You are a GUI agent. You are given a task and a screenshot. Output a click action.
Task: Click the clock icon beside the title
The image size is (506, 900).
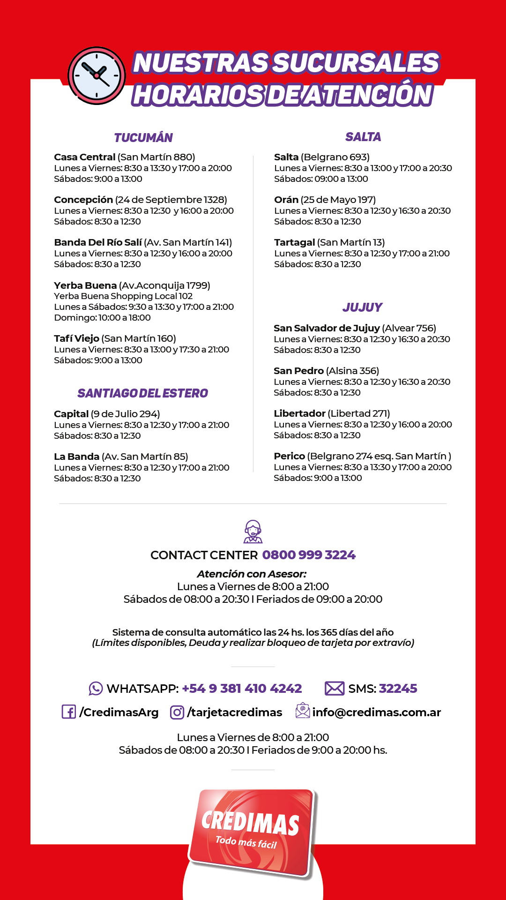[x=97, y=75]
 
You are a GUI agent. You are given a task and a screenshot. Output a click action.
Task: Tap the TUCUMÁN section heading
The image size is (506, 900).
[x=143, y=138]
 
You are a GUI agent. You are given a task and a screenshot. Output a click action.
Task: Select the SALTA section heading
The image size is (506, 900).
[x=363, y=137]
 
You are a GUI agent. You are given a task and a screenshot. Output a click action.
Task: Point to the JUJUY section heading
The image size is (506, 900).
[x=362, y=307]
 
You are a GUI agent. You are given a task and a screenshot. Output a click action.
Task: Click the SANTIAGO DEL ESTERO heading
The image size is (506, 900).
[x=142, y=393]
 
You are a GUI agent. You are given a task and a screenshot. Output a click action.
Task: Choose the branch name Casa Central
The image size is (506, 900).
[x=85, y=157]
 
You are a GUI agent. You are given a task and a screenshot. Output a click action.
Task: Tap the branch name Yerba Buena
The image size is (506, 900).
[x=85, y=285]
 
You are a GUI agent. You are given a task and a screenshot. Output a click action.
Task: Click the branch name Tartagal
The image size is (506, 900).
[x=294, y=242]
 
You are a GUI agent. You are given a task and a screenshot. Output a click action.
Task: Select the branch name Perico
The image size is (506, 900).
[x=289, y=456]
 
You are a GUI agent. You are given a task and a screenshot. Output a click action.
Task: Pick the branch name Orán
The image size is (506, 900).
[x=286, y=200]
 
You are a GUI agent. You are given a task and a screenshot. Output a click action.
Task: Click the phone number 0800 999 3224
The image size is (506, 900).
[x=309, y=555]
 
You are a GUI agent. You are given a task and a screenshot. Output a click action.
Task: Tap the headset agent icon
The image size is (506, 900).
[x=253, y=532]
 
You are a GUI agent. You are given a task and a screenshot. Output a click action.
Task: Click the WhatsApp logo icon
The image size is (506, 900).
[x=96, y=689]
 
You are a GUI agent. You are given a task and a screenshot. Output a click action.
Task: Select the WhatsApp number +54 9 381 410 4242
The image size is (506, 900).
[x=242, y=689]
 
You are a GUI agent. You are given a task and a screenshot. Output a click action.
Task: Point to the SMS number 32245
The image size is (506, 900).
[x=398, y=689]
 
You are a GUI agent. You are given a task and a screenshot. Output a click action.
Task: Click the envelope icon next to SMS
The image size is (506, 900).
[x=335, y=689]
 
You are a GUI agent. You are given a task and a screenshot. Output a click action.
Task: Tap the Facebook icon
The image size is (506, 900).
[x=69, y=712]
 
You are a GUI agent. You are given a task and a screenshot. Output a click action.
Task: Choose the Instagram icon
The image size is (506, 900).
[x=177, y=712]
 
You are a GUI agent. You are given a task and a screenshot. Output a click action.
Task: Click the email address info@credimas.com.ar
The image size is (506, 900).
[x=377, y=712]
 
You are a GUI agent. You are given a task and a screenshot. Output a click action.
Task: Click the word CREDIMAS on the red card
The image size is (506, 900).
[x=250, y=823]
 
